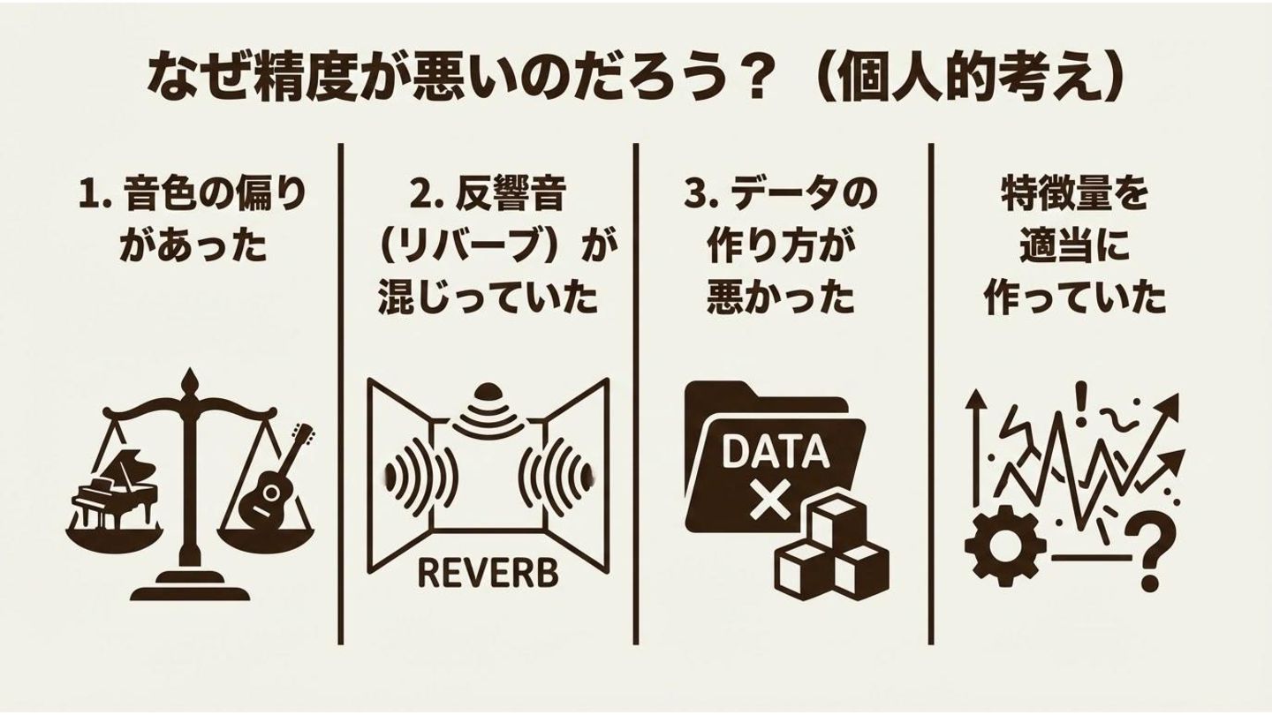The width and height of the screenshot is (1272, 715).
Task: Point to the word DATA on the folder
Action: (x=775, y=452)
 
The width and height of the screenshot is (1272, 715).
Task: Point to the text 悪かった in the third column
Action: (x=781, y=299)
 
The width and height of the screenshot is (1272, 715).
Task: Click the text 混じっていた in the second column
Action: (x=488, y=299)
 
